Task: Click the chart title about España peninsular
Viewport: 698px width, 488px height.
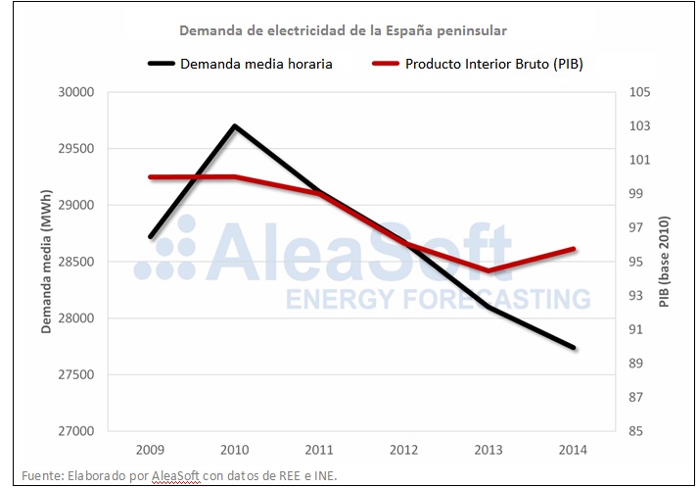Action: [x=343, y=30]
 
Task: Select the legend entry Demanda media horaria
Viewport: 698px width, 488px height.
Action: [x=255, y=65]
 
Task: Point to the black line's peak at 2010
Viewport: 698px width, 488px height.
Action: [x=235, y=125]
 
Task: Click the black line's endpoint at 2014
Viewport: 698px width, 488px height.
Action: [x=574, y=347]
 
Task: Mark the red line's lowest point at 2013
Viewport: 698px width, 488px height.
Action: [x=489, y=270]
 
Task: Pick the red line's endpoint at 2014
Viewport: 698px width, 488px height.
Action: [x=574, y=249]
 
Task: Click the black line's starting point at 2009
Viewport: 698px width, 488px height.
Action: [x=150, y=237]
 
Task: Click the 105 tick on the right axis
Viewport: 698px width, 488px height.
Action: [x=641, y=92]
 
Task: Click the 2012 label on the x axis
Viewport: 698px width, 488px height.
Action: [x=403, y=451]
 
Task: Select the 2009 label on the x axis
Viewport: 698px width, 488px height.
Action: [x=150, y=451]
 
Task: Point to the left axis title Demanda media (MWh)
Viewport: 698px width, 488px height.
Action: [x=46, y=262]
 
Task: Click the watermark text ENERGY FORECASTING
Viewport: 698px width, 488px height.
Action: [x=438, y=298]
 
